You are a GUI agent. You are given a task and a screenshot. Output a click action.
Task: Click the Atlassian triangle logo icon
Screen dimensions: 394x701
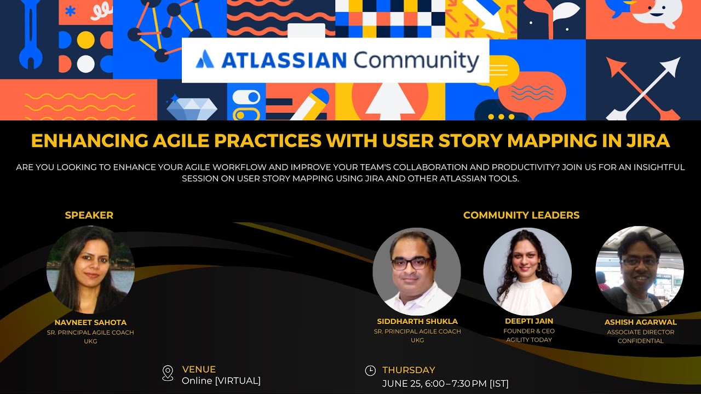205,59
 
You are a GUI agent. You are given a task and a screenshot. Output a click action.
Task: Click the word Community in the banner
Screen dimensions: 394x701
416,60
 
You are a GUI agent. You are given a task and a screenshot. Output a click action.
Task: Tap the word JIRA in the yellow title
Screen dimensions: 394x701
648,141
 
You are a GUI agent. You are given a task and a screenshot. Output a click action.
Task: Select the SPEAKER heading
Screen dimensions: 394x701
89,215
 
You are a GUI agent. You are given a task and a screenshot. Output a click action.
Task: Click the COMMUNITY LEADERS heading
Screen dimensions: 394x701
521,215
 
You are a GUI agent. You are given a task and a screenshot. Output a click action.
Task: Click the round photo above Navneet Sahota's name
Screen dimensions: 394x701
90,270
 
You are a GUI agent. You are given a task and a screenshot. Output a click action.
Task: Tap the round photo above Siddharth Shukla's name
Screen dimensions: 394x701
417,272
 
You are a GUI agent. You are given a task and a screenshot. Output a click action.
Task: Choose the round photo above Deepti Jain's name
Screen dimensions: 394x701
527,272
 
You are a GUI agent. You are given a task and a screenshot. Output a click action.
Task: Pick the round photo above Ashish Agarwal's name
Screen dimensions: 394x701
640,270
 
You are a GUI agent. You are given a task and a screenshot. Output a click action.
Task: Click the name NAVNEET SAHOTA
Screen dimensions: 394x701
90,322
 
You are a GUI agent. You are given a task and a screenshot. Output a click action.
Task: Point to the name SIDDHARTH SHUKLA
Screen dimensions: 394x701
417,321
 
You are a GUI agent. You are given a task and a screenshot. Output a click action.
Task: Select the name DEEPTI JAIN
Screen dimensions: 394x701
528,321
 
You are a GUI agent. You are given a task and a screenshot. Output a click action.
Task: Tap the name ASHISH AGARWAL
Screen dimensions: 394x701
640,322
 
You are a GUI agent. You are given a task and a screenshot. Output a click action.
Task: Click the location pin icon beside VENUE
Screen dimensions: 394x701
168,373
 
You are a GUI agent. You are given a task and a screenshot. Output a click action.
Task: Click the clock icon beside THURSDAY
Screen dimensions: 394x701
370,371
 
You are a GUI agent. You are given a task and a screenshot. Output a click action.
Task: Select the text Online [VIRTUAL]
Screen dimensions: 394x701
221,381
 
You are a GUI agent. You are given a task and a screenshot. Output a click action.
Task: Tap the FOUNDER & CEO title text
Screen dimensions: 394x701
528,331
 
